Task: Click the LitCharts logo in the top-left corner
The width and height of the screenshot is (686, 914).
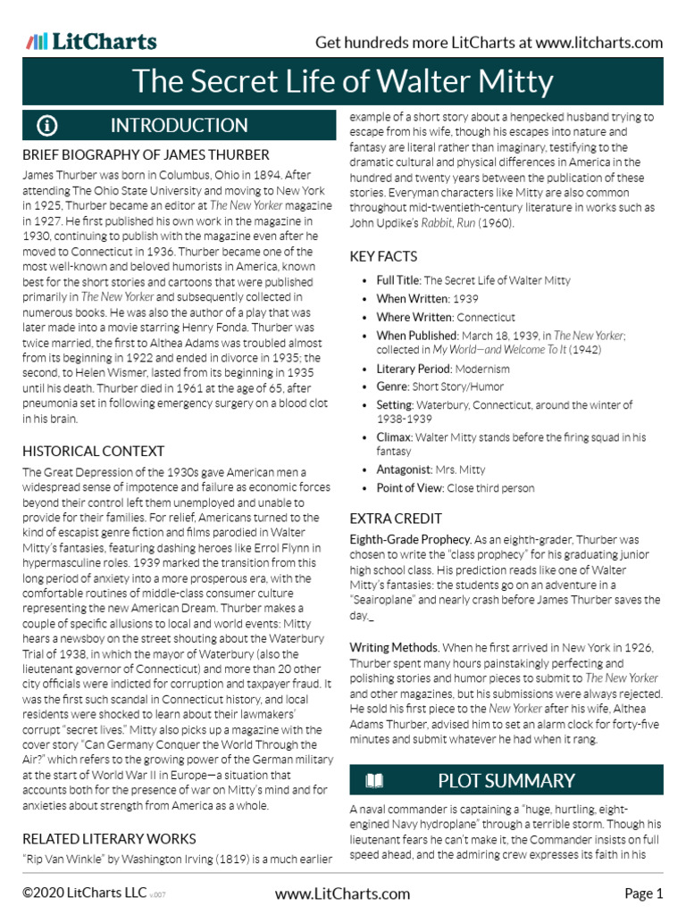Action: [91, 41]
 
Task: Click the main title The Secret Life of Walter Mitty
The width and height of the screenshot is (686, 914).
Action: [343, 82]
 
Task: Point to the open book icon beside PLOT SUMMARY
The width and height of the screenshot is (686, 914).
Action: [375, 781]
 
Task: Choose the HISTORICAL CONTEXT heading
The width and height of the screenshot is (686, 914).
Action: [93, 451]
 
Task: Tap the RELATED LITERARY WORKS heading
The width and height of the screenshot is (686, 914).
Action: [109, 838]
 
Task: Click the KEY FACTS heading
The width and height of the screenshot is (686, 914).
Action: [383, 256]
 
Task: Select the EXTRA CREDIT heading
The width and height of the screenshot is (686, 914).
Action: [396, 518]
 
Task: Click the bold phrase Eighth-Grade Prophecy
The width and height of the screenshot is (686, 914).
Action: [410, 540]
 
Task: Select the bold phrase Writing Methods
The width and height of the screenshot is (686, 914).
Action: [393, 647]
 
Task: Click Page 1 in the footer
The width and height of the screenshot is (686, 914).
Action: [643, 893]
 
